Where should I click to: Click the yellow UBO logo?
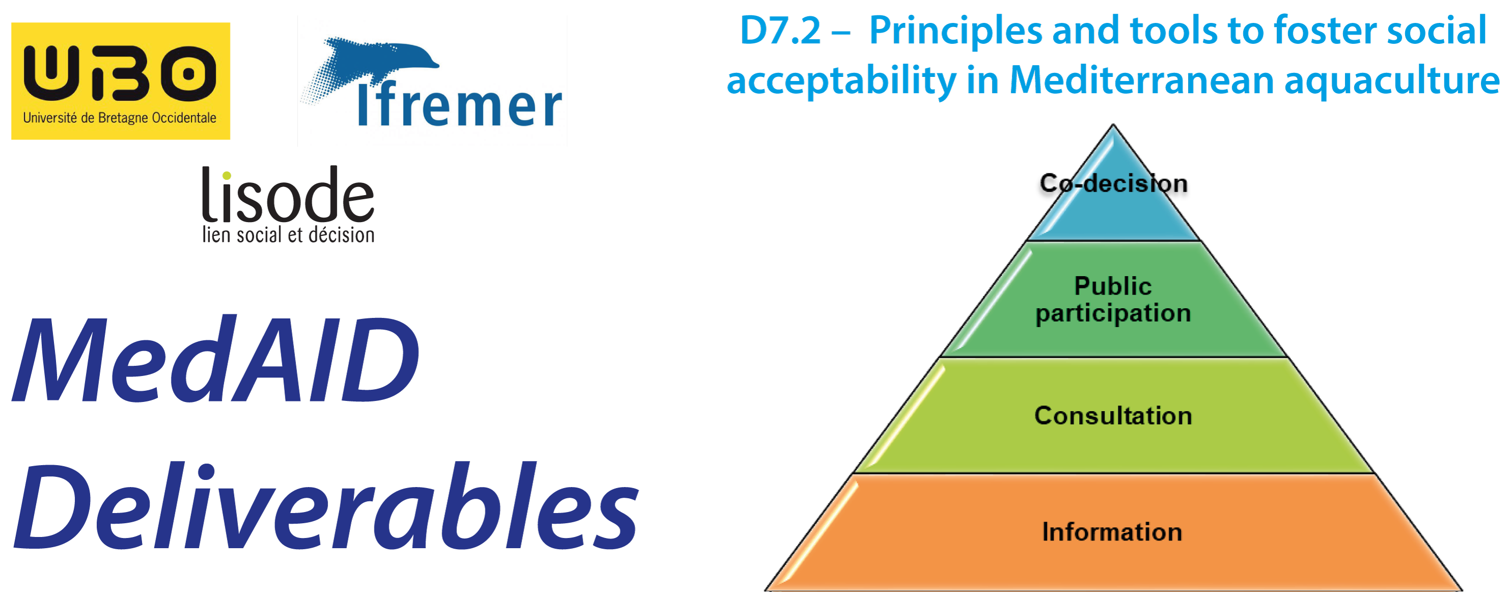tap(120, 81)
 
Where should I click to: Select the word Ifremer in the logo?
tap(460, 107)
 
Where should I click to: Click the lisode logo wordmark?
tap(287, 194)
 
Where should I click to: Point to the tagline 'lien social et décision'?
tap(288, 235)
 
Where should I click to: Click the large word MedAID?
tap(215, 360)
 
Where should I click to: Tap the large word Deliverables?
tap(325, 506)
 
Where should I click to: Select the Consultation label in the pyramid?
tap(1113, 415)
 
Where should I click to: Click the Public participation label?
tap(1113, 300)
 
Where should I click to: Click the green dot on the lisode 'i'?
tap(227, 175)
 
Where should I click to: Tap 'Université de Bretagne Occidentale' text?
tap(120, 118)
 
